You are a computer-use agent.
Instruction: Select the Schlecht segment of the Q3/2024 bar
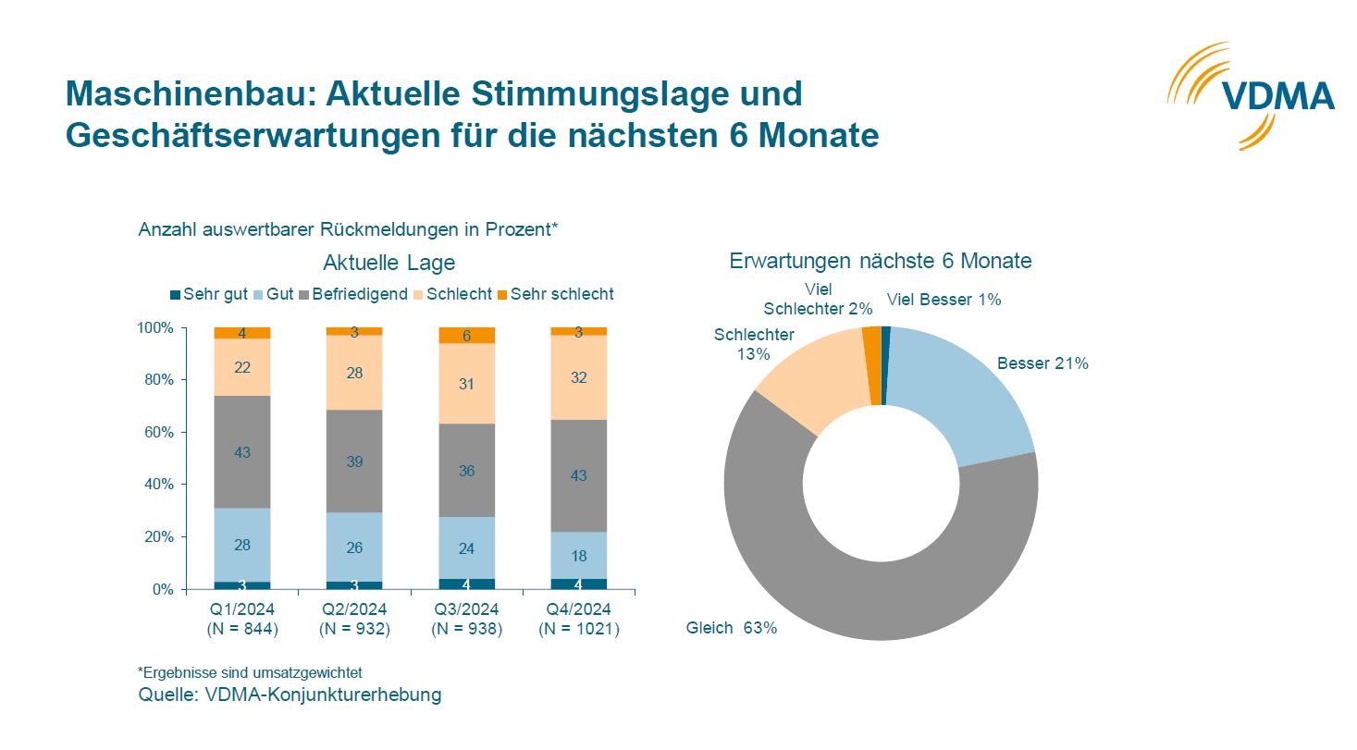tap(467, 383)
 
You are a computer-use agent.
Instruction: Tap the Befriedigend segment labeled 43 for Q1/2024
tap(242, 452)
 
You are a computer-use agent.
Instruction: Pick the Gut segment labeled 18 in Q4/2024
tap(579, 556)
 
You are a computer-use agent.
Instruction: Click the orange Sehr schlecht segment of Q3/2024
tap(467, 336)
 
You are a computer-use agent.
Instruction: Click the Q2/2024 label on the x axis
tap(354, 609)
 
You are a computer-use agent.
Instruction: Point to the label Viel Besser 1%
tap(944, 300)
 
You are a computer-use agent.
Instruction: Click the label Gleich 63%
tap(731, 628)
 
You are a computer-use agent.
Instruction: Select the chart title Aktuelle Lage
tap(389, 263)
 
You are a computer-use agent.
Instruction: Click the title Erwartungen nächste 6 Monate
tap(880, 261)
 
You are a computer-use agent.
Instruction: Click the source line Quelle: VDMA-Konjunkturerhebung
tap(290, 695)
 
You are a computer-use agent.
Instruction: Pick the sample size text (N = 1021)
tap(579, 629)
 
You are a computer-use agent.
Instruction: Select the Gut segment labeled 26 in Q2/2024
tap(354, 547)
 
